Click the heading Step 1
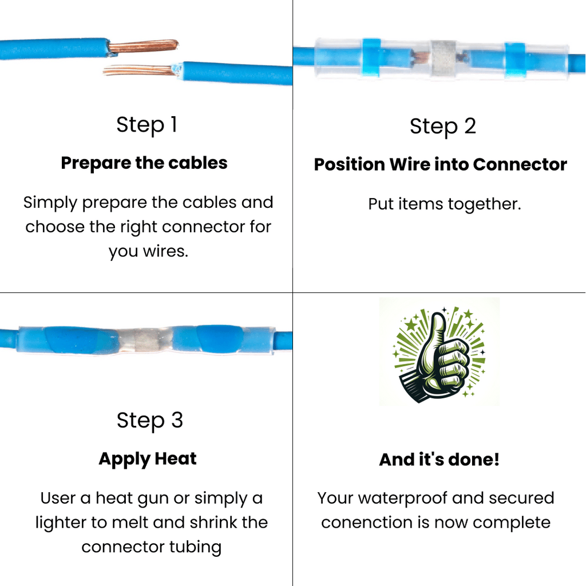tap(146, 125)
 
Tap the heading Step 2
tap(443, 126)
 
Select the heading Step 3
tap(150, 420)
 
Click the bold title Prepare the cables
tap(144, 163)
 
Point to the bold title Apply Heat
tap(148, 459)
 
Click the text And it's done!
tap(439, 460)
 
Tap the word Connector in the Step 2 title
tap(520, 164)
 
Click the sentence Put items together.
tap(444, 204)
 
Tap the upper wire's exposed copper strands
tap(144, 46)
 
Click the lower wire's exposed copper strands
tap(138, 71)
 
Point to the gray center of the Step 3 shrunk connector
tap(146, 341)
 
